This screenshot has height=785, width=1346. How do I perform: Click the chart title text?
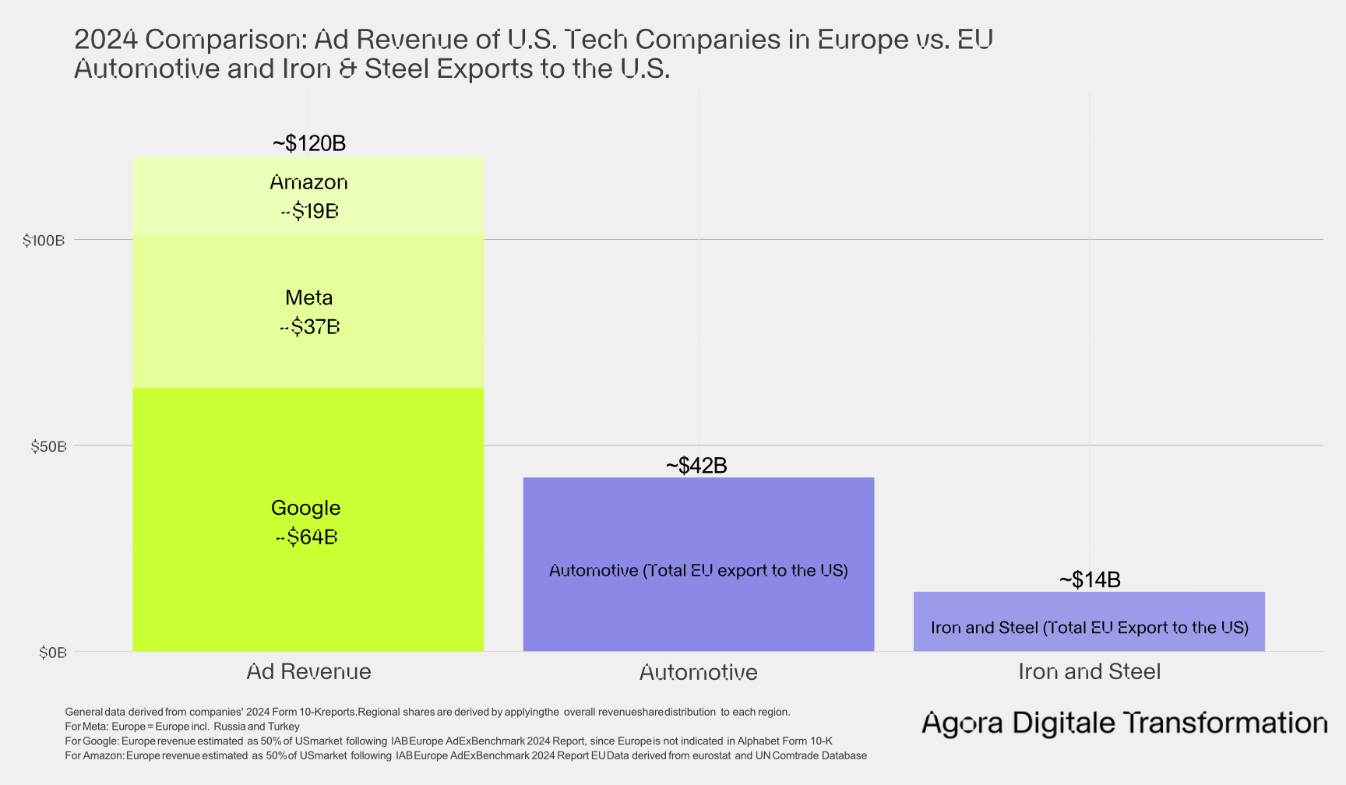533,54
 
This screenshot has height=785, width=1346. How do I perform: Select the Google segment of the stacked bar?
308,452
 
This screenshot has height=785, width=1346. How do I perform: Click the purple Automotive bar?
698,530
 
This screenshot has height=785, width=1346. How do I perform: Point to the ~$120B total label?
309,143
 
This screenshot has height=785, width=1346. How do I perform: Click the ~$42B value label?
696,466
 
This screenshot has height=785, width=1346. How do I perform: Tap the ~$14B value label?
1090,580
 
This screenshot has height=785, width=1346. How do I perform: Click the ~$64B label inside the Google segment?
306,537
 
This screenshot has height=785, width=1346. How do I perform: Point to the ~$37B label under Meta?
309,327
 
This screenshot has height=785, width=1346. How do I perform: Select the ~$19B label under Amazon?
309,212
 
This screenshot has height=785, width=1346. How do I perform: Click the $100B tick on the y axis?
44,241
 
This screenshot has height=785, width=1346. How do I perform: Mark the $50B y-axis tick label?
48,447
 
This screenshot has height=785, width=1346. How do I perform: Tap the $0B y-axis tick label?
53,653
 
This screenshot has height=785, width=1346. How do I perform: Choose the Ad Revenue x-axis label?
308,672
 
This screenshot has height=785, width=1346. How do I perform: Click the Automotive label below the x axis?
698,673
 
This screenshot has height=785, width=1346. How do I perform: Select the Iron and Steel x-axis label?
1089,672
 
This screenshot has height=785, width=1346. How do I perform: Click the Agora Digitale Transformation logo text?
1124,723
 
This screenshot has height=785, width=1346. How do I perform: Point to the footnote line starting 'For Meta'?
182,727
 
